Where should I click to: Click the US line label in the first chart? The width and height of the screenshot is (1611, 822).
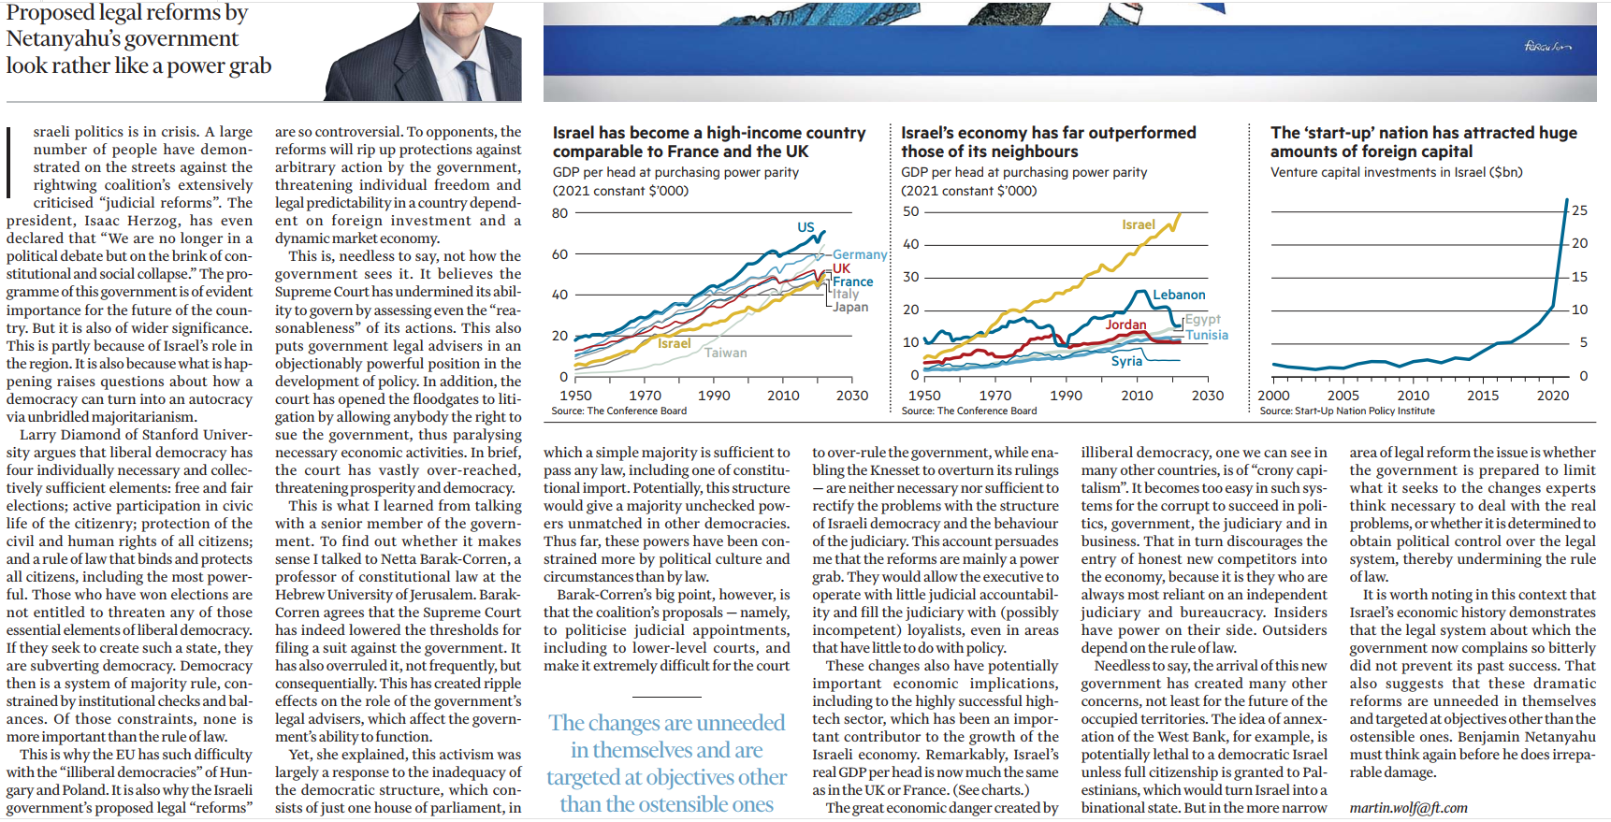pos(805,227)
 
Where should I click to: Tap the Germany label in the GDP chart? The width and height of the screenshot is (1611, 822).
pos(860,254)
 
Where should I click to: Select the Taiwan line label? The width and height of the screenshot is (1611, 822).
pos(726,353)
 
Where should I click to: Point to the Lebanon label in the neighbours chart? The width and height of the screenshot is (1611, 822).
pos(1179,295)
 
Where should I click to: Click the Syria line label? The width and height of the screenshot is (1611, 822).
pos(1126,361)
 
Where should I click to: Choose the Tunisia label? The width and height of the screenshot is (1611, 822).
pos(1207,335)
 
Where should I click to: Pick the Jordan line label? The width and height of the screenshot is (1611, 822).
pos(1125,324)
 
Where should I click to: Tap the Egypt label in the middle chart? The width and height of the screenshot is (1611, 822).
pos(1203,319)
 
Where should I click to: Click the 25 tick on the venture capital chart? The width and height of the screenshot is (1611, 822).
pos(1579,210)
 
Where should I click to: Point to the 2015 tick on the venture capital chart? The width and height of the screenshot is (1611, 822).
pos(1483,396)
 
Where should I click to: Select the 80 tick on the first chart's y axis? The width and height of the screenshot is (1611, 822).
pos(559,213)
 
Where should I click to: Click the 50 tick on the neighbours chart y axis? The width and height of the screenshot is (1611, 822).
pos(910,211)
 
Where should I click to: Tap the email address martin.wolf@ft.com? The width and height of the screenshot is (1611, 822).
pos(1408,808)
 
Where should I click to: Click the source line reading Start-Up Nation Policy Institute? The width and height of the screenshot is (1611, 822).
pos(1347,411)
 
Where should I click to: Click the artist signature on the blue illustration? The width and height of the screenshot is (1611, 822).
pos(1548,46)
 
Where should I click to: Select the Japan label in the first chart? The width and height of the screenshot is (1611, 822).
pos(850,307)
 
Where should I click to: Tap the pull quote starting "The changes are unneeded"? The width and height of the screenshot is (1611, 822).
pos(667,763)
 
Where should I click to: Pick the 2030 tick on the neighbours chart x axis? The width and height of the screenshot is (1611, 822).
pos(1208,396)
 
